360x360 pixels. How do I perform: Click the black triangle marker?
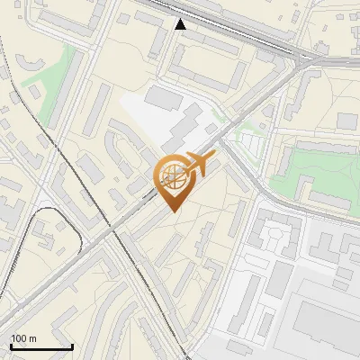(x=181, y=24)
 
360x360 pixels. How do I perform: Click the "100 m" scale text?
(x=23, y=338)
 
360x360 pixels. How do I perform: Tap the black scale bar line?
(x=40, y=347)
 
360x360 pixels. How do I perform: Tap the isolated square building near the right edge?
(x=347, y=121)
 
